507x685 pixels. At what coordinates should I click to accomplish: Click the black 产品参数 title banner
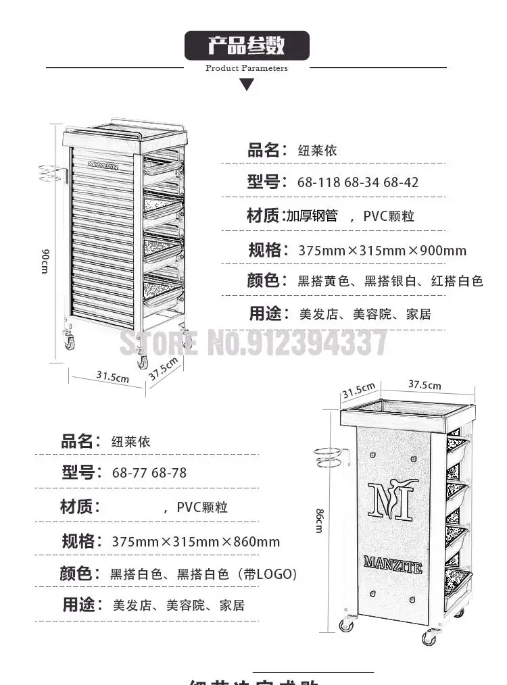point(247,46)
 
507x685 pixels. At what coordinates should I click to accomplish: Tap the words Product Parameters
point(247,68)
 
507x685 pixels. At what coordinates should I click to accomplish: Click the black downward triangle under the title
point(247,84)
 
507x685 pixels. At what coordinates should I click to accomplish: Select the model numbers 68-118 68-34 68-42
point(358,182)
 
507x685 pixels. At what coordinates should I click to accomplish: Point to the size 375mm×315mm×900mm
point(383,251)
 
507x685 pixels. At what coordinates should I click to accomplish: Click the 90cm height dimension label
point(45,261)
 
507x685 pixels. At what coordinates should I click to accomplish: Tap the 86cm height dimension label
point(319,521)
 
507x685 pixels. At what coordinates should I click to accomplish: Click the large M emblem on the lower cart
point(393,501)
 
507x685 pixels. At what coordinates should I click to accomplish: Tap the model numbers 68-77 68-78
point(149,473)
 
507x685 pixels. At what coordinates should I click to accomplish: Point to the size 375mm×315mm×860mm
point(195,542)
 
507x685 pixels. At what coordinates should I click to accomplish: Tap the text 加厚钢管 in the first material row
point(312,216)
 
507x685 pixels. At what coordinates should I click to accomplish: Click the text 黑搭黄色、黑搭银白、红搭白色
point(391,281)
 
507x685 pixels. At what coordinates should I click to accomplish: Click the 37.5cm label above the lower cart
point(425,385)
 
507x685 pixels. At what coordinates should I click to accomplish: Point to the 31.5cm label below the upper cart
point(112,377)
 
